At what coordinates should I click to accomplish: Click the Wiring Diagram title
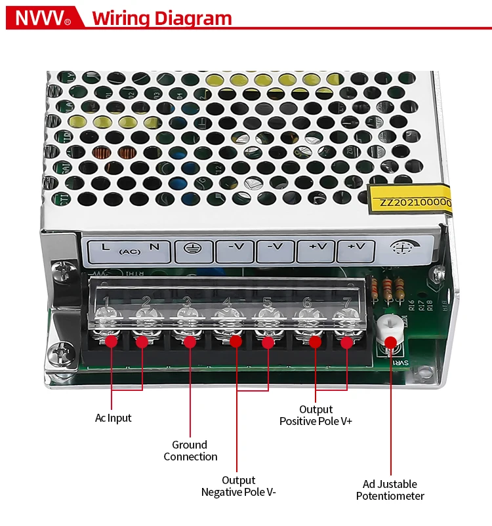point(162,18)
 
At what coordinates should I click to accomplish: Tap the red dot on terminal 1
point(111,341)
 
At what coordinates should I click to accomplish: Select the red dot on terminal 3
point(190,342)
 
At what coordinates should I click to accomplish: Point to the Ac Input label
point(113,418)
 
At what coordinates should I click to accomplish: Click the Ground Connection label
point(190,451)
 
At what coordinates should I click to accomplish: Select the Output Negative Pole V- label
point(238,486)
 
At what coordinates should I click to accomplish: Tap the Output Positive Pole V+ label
point(316,415)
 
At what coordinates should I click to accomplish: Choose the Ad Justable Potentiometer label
point(390,490)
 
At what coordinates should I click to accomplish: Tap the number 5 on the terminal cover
point(267,302)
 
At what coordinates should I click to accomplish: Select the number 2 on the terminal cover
point(146,302)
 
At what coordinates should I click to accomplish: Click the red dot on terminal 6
point(316,342)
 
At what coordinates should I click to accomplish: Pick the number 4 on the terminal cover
point(227,302)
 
